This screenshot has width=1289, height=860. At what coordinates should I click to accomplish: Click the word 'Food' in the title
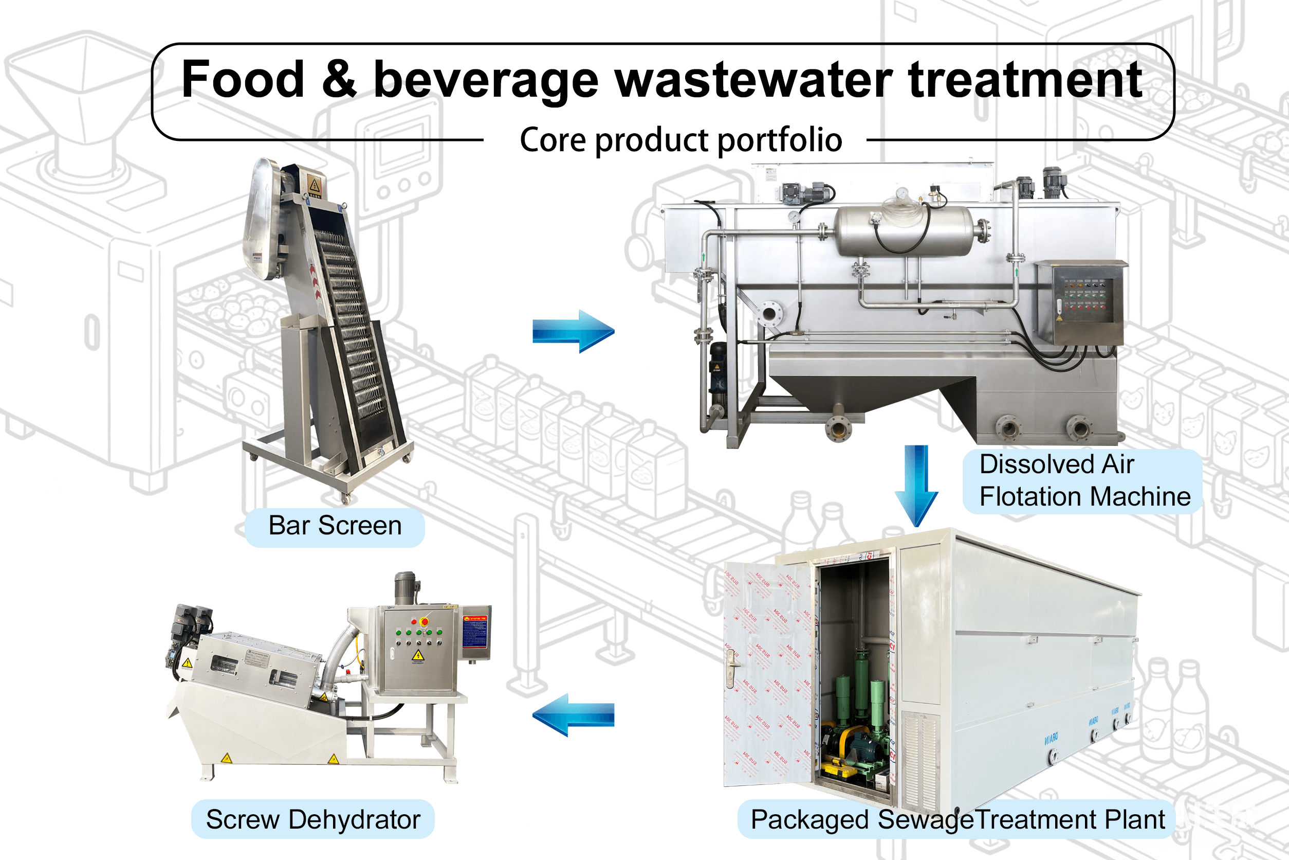pyautogui.click(x=242, y=80)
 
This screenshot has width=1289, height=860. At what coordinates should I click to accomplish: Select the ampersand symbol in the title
pyautogui.click(x=339, y=80)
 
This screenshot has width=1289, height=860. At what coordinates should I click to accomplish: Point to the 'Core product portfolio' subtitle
pyautogui.click(x=680, y=140)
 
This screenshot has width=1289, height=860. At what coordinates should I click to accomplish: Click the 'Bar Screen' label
pyautogui.click(x=335, y=526)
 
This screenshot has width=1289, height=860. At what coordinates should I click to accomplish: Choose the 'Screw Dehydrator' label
pyautogui.click(x=313, y=820)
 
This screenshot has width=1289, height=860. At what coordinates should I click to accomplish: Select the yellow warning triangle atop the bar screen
pyautogui.click(x=315, y=184)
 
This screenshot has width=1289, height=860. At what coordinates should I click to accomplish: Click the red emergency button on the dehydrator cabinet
pyautogui.click(x=423, y=621)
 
